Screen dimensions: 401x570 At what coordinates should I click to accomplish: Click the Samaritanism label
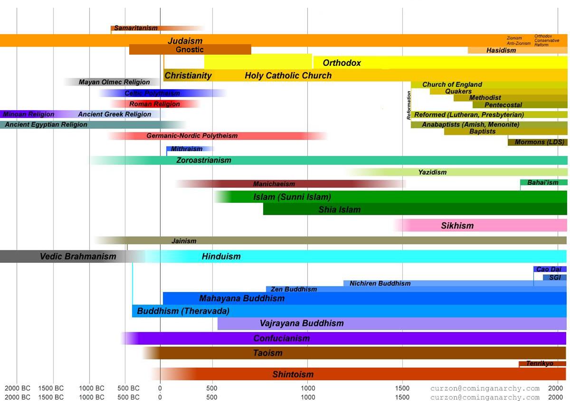coord(136,28)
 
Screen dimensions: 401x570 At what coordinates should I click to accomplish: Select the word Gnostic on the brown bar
coord(190,49)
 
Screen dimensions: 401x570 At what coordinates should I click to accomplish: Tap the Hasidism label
coord(501,50)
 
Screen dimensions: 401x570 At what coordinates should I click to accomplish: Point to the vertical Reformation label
coord(409,105)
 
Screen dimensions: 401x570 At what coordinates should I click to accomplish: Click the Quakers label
coord(458,91)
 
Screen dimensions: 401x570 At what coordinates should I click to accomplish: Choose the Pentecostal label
coord(503,105)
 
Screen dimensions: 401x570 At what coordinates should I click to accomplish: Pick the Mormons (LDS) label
coord(539,142)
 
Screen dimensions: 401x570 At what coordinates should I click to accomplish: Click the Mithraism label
coord(187,149)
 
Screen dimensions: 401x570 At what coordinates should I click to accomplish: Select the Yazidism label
coord(432,172)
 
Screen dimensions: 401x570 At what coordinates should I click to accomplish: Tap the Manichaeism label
coord(274,184)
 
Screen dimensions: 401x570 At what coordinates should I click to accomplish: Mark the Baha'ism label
coord(542,182)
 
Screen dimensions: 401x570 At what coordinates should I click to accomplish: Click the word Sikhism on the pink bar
coord(457,226)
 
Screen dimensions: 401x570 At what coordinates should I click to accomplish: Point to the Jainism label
coord(184,241)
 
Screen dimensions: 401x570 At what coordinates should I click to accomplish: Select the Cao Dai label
coord(549,269)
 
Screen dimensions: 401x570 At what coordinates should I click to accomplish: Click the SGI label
coord(555,277)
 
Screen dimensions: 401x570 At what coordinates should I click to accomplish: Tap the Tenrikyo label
coord(540,363)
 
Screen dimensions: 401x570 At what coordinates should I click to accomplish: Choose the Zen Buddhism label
coord(294,289)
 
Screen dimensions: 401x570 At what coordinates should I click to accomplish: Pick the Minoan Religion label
coord(28,115)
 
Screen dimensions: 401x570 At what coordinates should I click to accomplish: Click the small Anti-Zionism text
coord(519,43)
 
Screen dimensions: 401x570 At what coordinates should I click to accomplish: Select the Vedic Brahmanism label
coord(78,257)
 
